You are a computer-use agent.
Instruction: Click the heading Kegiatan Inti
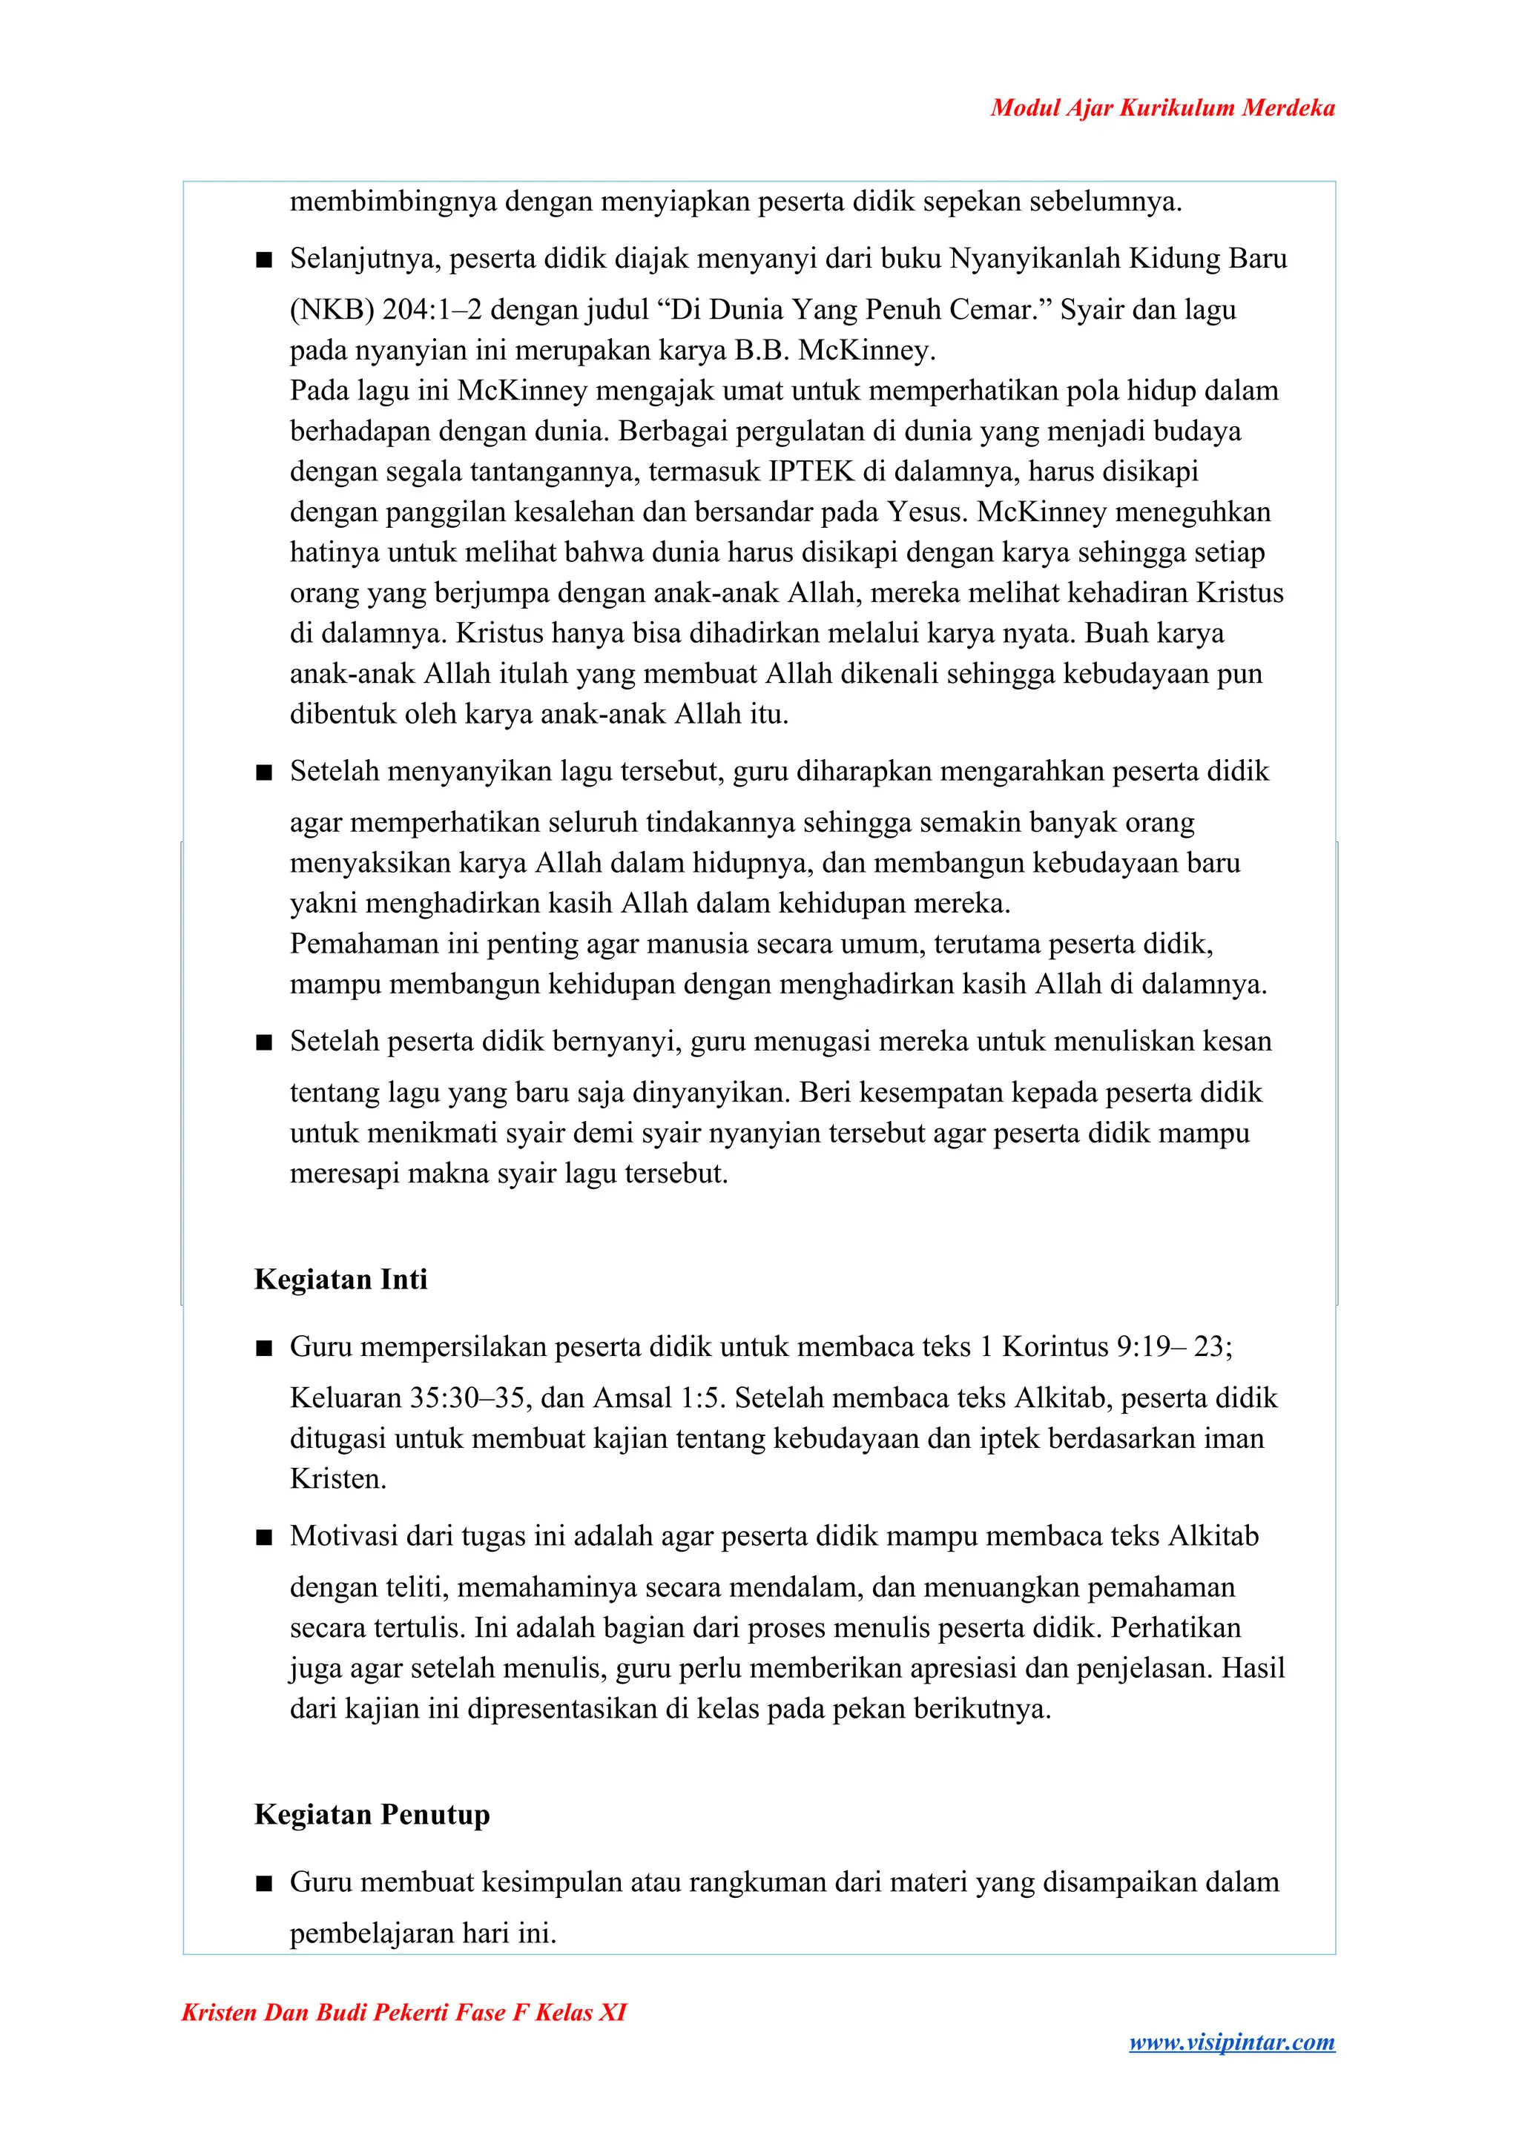pyautogui.click(x=340, y=1279)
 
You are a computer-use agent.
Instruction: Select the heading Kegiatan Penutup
pyautogui.click(x=372, y=1815)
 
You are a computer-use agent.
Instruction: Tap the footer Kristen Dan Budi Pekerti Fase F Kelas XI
pyautogui.click(x=403, y=2012)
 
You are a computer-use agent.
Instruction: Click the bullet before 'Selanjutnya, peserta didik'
pyautogui.click(x=264, y=259)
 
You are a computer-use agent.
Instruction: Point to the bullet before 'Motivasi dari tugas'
pyautogui.click(x=264, y=1538)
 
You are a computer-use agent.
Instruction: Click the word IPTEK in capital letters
pyautogui.click(x=811, y=472)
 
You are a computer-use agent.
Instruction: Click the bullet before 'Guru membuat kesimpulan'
pyautogui.click(x=264, y=1883)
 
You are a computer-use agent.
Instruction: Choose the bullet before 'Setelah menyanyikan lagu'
pyautogui.click(x=264, y=773)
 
